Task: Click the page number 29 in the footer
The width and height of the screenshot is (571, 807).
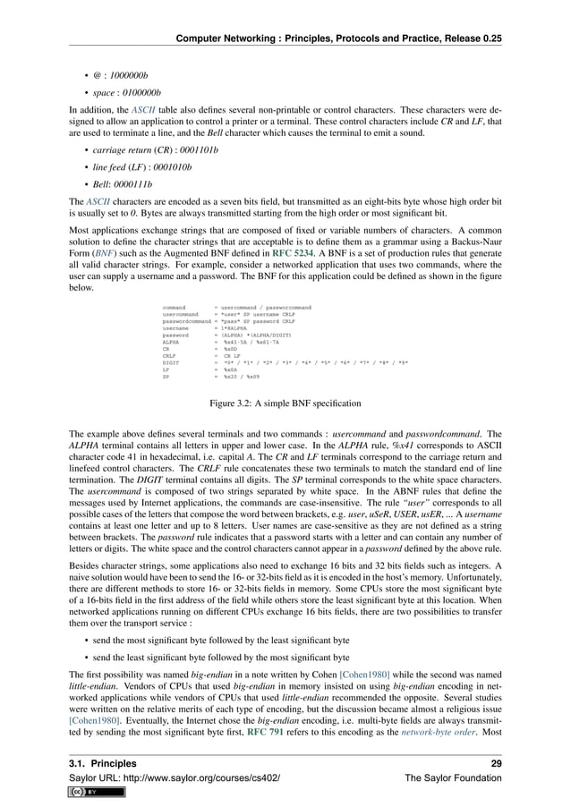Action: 507,763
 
